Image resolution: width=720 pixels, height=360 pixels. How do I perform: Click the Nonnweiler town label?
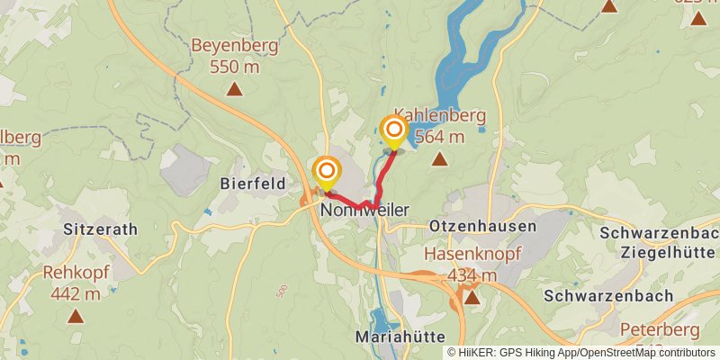pos(364,210)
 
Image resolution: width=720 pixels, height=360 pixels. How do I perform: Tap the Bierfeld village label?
pos(253,184)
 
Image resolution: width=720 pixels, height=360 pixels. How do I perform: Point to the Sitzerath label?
pos(101,229)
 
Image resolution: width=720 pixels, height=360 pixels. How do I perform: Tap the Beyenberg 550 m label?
pos(234,55)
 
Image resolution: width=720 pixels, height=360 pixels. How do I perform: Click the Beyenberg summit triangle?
pos(235,88)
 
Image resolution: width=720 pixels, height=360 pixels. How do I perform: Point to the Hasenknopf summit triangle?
pos(472,295)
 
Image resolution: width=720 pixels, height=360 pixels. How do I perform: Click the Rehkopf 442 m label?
pos(75,283)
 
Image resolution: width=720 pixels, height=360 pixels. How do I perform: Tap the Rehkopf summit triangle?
pos(75,316)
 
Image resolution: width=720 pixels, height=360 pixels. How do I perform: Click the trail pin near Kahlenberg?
pos(393,131)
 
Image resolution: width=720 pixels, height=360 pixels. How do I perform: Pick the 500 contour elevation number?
pos(283,291)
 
